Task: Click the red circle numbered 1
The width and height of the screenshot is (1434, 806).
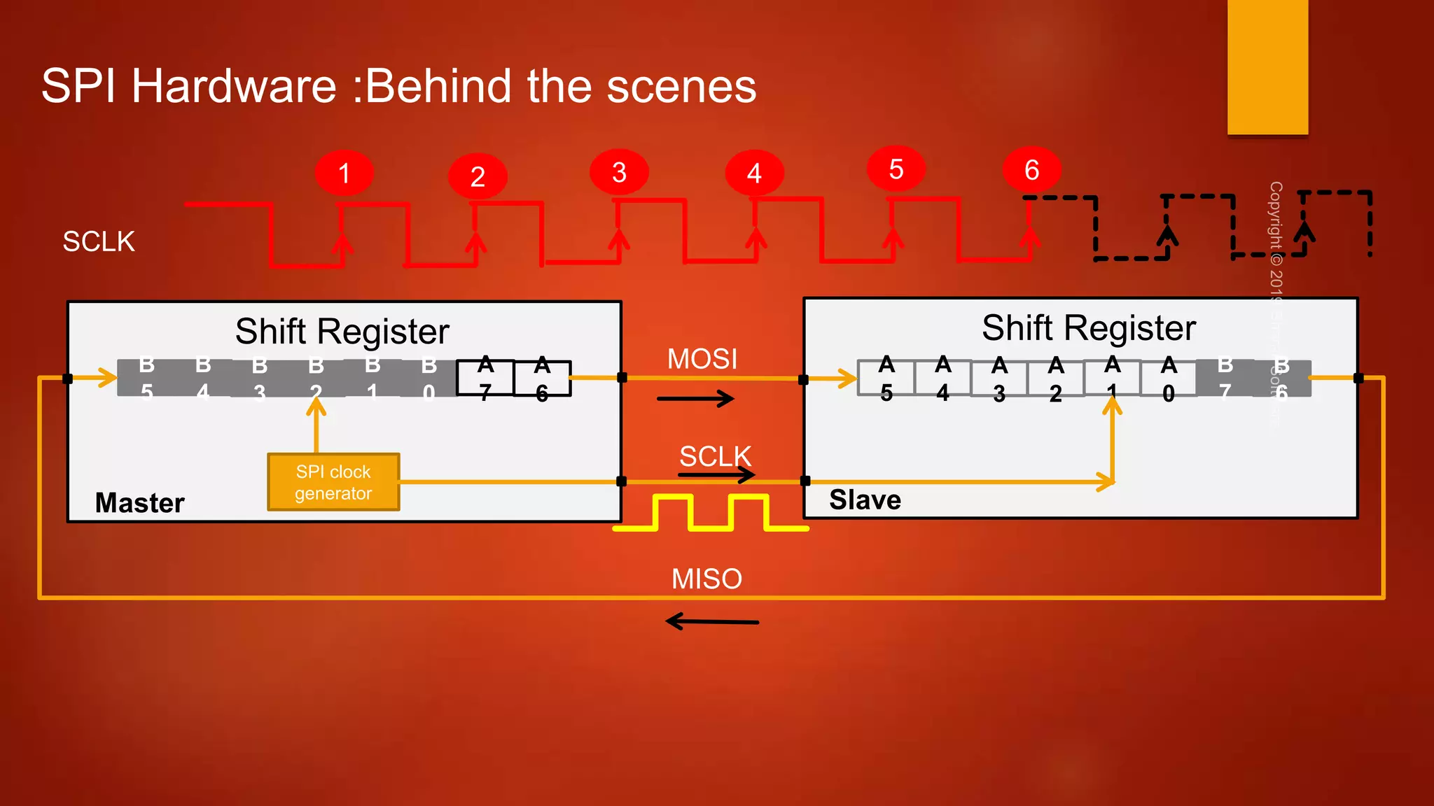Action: (x=344, y=173)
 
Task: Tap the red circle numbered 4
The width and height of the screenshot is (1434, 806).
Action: (x=754, y=173)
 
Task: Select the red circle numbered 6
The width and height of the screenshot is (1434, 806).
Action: (x=1031, y=169)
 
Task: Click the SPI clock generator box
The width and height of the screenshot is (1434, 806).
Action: (x=333, y=482)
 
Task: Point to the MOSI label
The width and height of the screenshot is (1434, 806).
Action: (x=702, y=359)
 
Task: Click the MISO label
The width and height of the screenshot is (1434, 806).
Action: (x=706, y=579)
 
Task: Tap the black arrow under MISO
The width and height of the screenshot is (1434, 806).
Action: (x=711, y=621)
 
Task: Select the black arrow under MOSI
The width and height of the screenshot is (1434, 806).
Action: (x=695, y=399)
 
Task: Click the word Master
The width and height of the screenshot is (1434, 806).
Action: (x=139, y=502)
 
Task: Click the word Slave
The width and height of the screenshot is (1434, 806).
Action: (x=865, y=500)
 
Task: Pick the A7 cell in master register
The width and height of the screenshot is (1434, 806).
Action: (x=485, y=379)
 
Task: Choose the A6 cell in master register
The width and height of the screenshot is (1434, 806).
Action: (x=542, y=379)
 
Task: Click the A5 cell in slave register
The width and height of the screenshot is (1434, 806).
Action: (x=886, y=379)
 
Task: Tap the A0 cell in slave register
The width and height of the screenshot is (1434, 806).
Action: (x=1168, y=379)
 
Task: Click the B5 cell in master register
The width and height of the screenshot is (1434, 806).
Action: (x=146, y=378)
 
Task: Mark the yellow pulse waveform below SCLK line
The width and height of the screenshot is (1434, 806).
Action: (x=710, y=513)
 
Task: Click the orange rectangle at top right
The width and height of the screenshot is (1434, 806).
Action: (x=1267, y=66)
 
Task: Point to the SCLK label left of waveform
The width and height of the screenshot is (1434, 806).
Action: (x=99, y=241)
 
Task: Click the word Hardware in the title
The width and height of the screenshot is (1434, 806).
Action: (x=234, y=86)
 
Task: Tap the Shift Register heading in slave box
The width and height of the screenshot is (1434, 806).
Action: (x=1088, y=327)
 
